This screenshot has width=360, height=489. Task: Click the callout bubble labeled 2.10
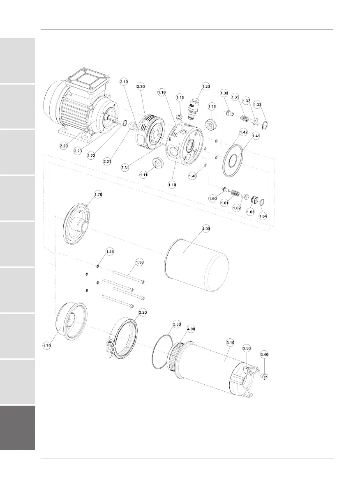tap(124, 82)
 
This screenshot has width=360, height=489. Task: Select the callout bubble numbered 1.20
tap(206, 86)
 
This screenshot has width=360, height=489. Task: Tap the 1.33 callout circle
tap(257, 105)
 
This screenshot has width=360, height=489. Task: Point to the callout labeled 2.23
tap(78, 151)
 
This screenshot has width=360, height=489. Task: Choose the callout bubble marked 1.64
tap(263, 216)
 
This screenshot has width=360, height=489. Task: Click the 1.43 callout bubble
tap(110, 252)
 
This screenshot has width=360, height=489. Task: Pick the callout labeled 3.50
tap(247, 348)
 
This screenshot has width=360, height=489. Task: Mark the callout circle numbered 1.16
tap(162, 92)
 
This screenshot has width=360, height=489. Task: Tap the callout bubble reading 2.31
tap(125, 168)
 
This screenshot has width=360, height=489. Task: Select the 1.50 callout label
tap(140, 262)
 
